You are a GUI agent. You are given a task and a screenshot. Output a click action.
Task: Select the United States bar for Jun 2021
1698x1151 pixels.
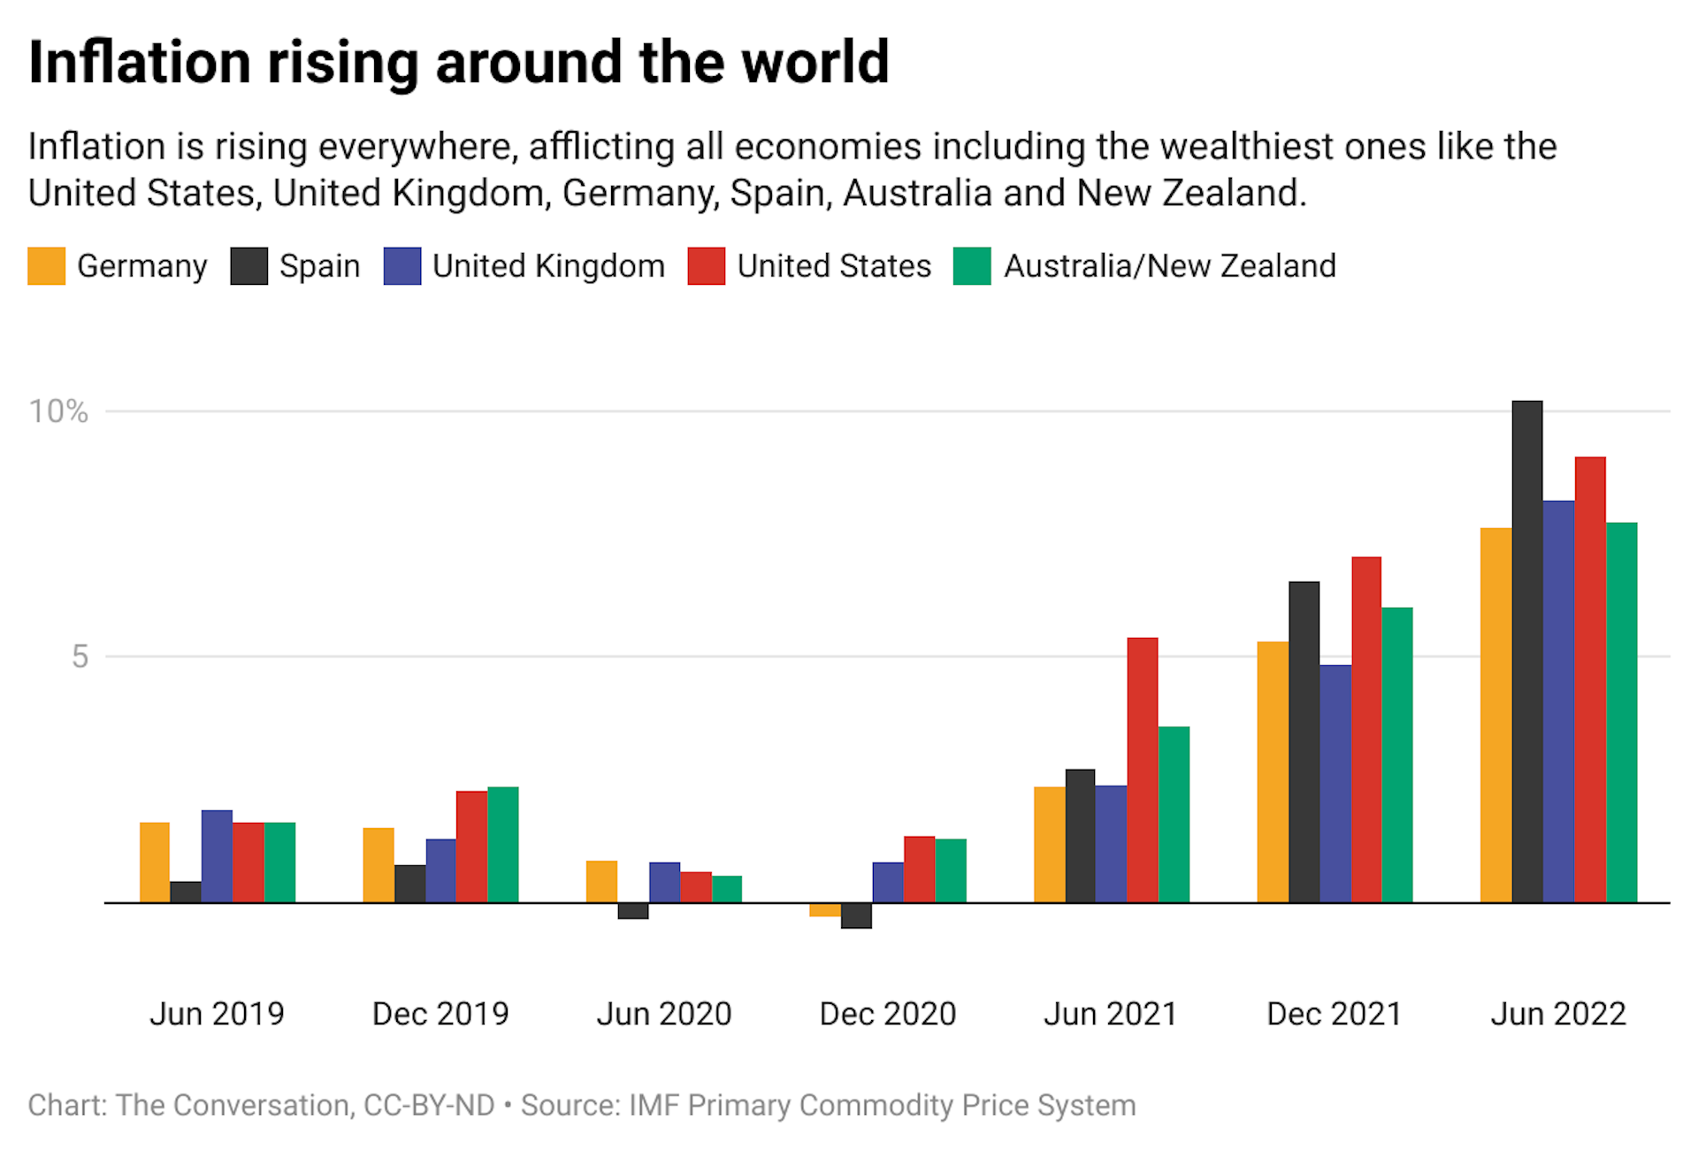(x=1142, y=770)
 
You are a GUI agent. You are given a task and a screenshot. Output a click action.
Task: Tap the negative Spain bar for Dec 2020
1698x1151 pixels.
(x=856, y=916)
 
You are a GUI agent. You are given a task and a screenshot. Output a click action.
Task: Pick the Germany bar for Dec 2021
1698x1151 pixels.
(x=1273, y=771)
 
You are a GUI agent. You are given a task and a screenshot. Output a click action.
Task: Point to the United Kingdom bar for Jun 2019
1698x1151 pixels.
(x=217, y=856)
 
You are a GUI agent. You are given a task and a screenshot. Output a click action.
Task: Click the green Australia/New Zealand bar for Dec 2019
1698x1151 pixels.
(x=502, y=845)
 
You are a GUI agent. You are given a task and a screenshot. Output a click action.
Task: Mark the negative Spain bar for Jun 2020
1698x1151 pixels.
(x=633, y=911)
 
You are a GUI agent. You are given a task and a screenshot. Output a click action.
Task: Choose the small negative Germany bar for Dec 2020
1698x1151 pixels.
(x=824, y=909)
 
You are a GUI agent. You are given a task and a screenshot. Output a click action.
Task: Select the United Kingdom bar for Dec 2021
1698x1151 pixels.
(x=1335, y=784)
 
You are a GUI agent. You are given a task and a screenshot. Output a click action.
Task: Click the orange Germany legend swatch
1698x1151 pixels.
(x=47, y=266)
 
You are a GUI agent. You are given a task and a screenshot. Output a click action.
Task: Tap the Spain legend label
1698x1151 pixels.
(x=319, y=266)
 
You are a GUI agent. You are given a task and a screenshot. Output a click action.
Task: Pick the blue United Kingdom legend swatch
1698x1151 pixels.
(x=402, y=266)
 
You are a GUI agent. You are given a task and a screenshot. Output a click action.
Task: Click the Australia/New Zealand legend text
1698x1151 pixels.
(x=1169, y=266)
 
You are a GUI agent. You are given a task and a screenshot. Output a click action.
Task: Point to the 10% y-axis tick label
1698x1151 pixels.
(x=58, y=411)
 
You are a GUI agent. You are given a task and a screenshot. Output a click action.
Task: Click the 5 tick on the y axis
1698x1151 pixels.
(x=80, y=656)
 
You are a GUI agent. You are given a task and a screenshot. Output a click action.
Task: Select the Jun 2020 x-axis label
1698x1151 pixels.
(x=664, y=1014)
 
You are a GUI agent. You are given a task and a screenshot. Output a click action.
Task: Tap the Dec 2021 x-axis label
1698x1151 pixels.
(x=1335, y=1014)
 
